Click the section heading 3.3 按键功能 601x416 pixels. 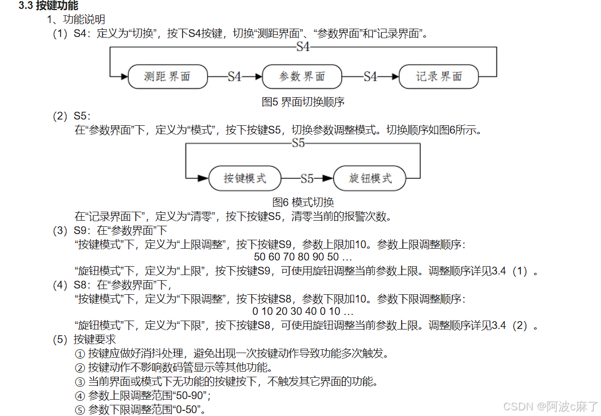pos(48,6)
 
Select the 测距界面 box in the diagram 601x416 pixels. pos(167,77)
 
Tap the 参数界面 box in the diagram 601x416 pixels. pos(302,77)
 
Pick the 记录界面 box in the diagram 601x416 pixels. pos(439,77)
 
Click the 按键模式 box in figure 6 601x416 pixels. pos(245,179)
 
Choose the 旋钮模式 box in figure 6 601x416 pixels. pos(370,179)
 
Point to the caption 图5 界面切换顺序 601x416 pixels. pos(303,102)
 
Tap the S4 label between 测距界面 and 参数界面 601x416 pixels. pos(234,77)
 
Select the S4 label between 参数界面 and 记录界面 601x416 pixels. pos(370,77)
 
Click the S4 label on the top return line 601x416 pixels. pos(303,47)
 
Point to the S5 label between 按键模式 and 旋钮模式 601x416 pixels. pos(306,179)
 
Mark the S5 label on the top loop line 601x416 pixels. pos(299,144)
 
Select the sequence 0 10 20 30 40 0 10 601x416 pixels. pos(303,311)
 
